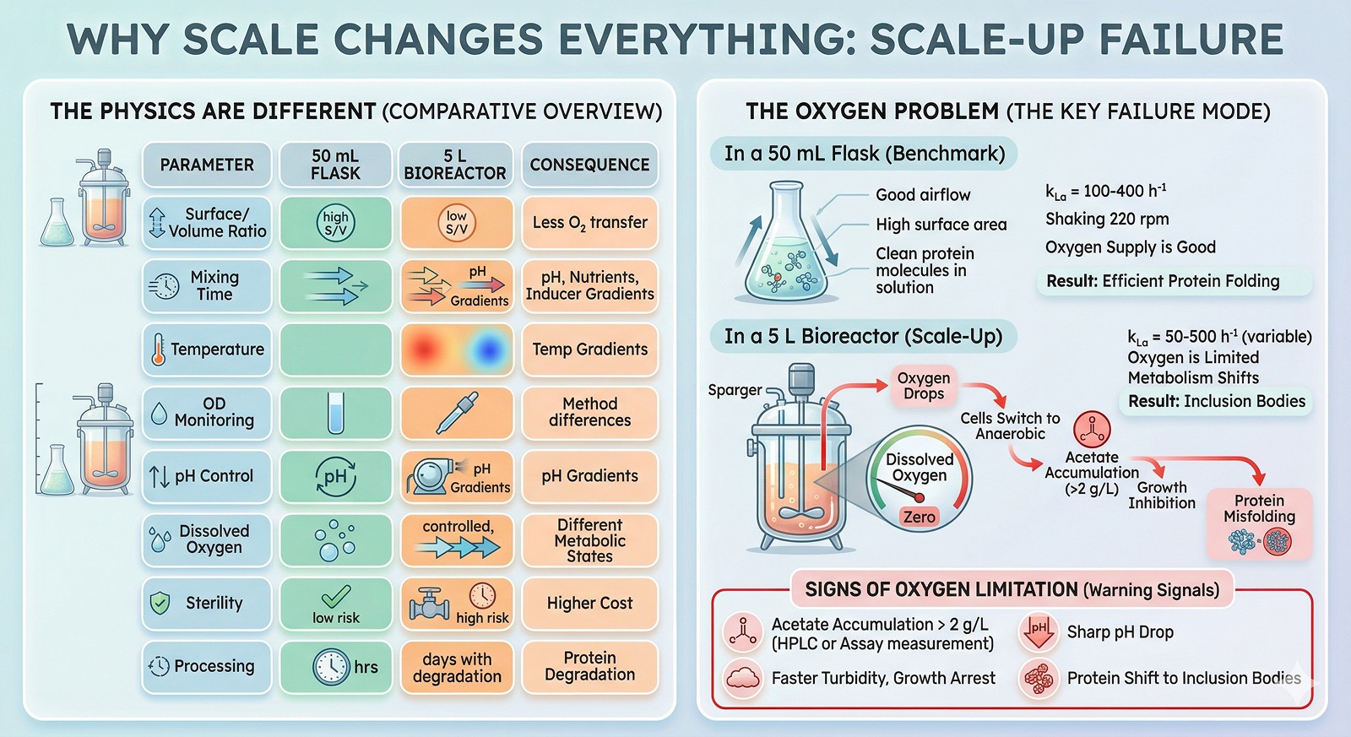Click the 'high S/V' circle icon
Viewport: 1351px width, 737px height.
point(335,223)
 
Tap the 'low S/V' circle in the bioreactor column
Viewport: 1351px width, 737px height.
point(457,223)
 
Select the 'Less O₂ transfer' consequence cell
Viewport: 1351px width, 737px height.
point(589,223)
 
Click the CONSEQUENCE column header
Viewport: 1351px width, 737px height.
point(589,165)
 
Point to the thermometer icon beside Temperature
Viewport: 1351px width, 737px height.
point(158,350)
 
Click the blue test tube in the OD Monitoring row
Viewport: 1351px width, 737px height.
point(336,413)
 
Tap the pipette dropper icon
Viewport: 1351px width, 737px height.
point(457,413)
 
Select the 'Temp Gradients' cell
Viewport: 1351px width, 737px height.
point(589,350)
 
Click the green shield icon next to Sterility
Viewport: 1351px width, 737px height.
point(160,603)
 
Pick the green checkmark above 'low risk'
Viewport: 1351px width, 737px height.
point(336,596)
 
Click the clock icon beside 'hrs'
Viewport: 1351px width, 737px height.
point(331,666)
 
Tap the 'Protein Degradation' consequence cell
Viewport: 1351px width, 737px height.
point(589,666)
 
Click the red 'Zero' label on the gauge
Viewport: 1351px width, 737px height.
point(920,517)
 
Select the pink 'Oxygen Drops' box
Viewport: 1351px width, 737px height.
point(924,386)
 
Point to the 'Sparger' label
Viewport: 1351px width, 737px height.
point(735,390)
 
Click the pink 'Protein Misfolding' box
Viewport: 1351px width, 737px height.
point(1259,523)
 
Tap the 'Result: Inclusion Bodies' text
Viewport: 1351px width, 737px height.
point(1217,401)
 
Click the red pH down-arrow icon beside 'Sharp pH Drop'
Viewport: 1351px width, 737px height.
point(1038,631)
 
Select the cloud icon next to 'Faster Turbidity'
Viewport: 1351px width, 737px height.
point(742,679)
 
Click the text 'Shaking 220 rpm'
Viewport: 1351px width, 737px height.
point(1107,219)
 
